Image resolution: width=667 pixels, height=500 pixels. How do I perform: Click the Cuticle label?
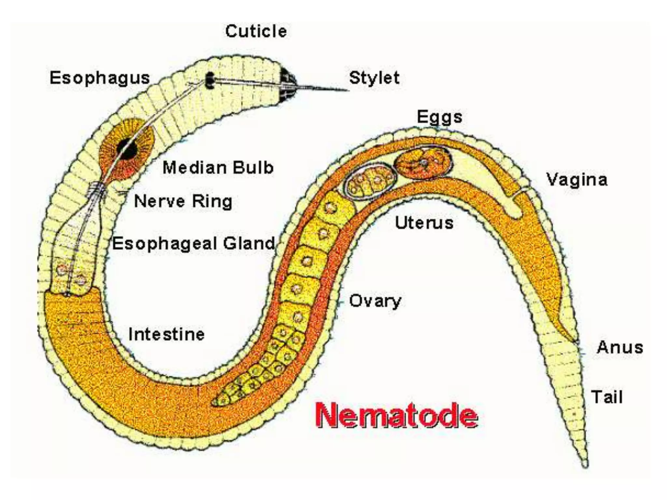point(256,32)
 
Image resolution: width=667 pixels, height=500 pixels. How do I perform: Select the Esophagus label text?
point(100,78)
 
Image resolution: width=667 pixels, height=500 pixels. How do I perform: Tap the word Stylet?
point(374,78)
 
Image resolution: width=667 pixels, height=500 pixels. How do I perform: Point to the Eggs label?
point(439,117)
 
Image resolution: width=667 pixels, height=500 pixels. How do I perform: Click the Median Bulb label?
point(218,168)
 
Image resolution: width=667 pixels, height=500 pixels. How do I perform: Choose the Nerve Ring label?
point(183,201)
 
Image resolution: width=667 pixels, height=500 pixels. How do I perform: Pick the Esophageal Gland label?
point(194,243)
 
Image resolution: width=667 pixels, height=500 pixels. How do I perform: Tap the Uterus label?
point(424,223)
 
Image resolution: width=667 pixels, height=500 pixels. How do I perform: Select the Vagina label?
point(577,180)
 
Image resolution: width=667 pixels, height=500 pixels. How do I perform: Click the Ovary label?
point(375,301)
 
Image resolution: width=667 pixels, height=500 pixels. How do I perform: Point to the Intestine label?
point(166,334)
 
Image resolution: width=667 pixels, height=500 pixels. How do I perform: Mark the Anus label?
point(620,347)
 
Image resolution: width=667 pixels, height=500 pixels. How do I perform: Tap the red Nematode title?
point(397,415)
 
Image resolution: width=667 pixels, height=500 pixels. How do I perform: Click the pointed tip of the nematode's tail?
point(585,465)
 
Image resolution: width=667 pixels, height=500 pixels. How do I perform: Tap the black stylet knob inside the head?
point(210,80)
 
